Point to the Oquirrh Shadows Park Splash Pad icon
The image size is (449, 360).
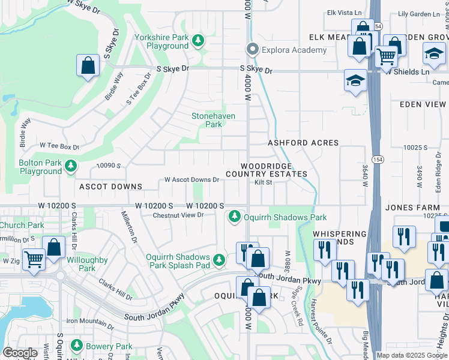point(220,259)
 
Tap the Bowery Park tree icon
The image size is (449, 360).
point(76,346)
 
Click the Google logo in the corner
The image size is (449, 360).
point(20,353)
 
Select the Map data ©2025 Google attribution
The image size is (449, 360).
point(412,355)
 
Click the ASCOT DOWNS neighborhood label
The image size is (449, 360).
point(110,187)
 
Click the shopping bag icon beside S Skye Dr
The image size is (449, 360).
point(88,65)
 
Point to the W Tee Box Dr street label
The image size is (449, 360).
point(59,146)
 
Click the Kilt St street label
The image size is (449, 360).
point(264,182)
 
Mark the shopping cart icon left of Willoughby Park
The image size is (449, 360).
point(34,259)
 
